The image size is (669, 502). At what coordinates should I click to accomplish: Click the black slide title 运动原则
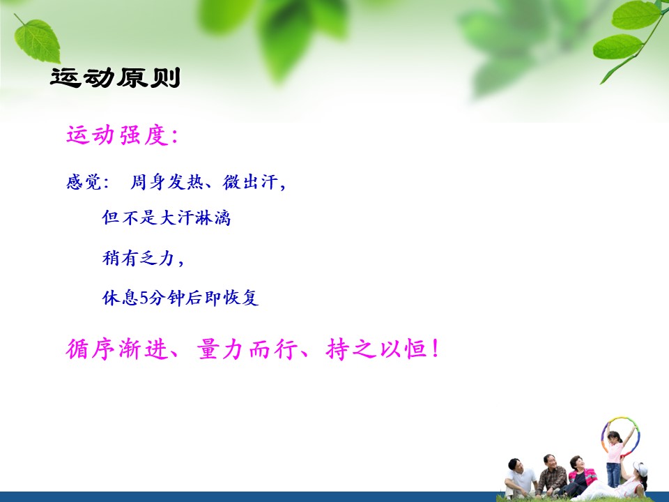115,77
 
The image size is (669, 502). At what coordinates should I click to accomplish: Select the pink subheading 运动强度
116,135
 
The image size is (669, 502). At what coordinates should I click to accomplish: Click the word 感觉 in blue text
84,182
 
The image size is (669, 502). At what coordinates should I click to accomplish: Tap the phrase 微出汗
250,182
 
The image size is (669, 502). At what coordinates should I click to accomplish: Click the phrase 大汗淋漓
195,218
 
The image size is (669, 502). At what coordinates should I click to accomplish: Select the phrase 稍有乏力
138,258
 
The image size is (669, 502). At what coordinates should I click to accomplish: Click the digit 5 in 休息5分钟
144,298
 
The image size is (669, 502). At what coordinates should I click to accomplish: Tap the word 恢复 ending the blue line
241,298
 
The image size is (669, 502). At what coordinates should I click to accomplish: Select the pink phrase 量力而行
247,349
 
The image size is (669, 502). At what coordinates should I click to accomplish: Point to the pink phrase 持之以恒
377,349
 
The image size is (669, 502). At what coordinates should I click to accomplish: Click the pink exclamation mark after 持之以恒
435,349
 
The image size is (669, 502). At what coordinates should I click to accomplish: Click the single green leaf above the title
37,40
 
